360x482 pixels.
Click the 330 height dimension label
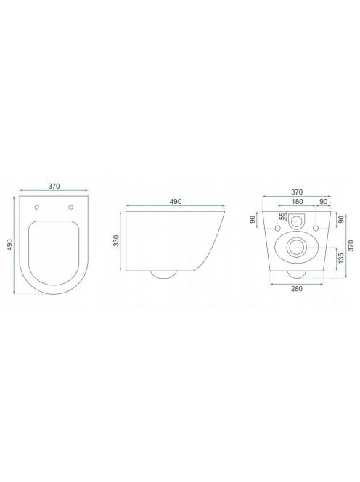point(116,240)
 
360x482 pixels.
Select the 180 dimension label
point(297,202)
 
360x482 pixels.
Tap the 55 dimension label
point(282,216)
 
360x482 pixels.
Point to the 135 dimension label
point(340,258)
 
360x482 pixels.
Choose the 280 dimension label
point(297,289)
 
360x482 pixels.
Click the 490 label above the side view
point(176,202)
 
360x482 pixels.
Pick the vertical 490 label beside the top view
point(10,245)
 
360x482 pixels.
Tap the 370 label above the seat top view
point(54,187)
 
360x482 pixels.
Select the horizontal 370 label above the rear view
point(297,192)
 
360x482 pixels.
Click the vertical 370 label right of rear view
point(351,245)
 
